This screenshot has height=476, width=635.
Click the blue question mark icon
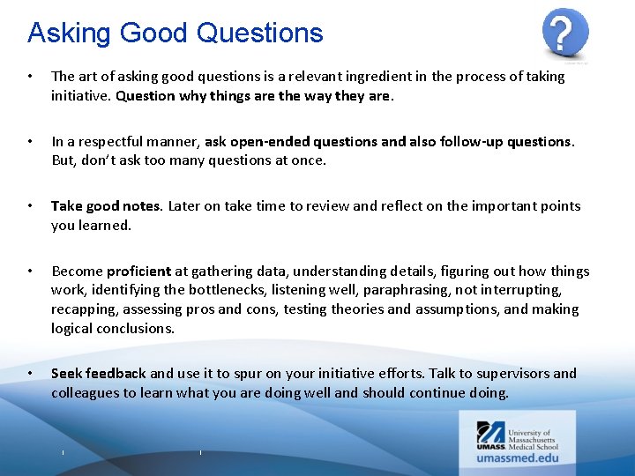[x=564, y=34]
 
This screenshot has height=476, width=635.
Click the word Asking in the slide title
[x=69, y=33]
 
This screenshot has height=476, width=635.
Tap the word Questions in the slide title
[x=260, y=33]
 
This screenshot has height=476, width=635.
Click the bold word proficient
[x=138, y=271]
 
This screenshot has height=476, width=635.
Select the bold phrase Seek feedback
[x=99, y=374]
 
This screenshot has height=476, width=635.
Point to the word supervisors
[x=504, y=374]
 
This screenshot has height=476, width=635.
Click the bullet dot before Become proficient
[x=31, y=271]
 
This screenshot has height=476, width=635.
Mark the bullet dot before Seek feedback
[x=31, y=374]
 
